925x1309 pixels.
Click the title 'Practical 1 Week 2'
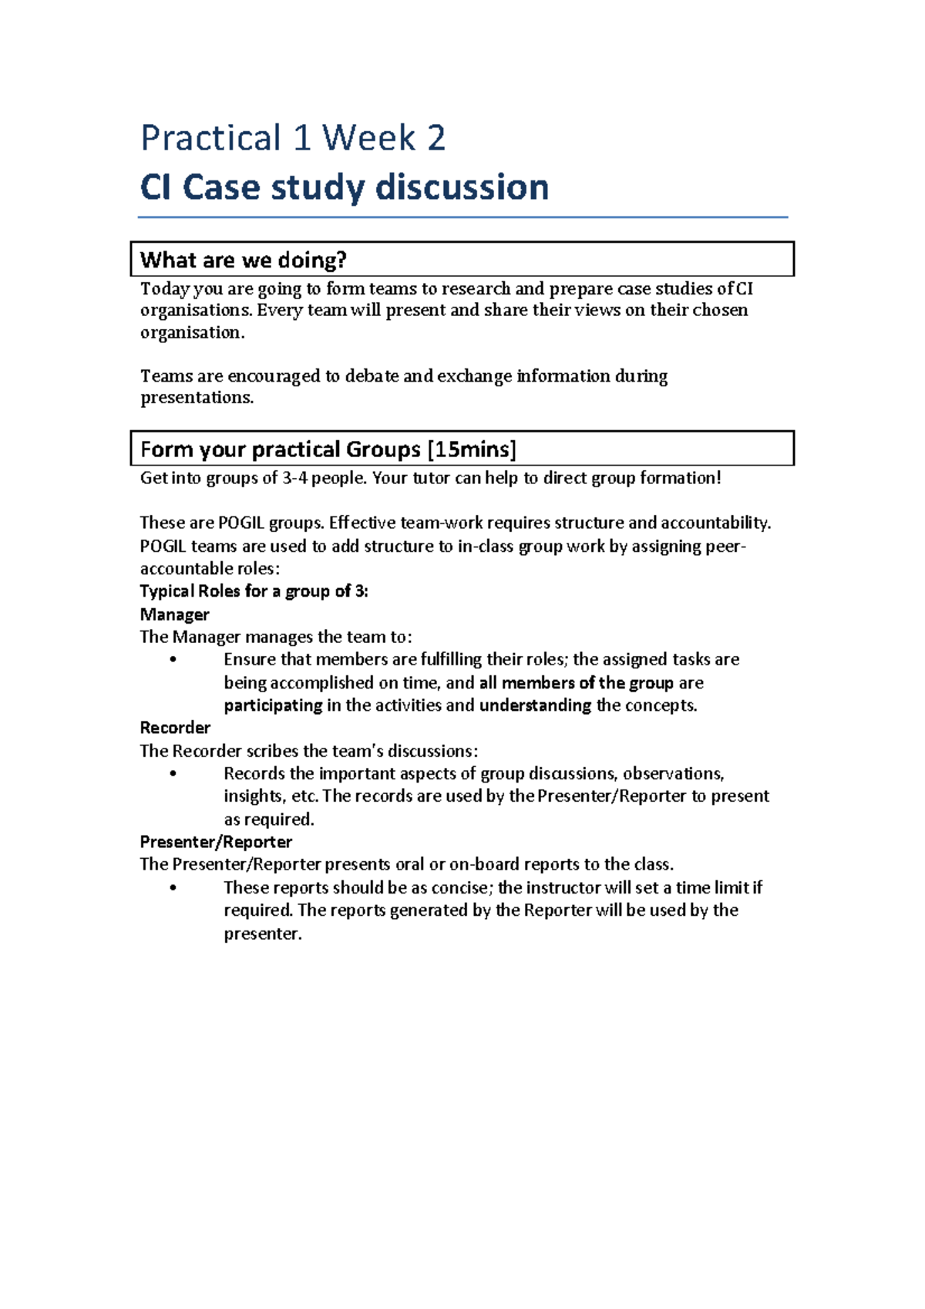pyautogui.click(x=293, y=139)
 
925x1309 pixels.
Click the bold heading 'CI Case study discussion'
pyautogui.click(x=344, y=187)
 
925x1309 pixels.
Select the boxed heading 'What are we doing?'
pyautogui.click(x=244, y=260)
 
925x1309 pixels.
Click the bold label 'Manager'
pyautogui.click(x=174, y=614)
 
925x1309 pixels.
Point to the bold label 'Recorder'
pyautogui.click(x=175, y=728)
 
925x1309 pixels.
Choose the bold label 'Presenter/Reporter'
pyautogui.click(x=216, y=842)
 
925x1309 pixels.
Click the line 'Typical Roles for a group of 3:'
pyautogui.click(x=254, y=591)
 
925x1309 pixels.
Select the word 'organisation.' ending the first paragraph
pyautogui.click(x=192, y=332)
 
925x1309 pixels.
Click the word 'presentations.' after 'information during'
pyautogui.click(x=197, y=398)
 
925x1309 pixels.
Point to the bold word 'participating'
pyautogui.click(x=273, y=705)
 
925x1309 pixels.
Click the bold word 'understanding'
pyautogui.click(x=535, y=705)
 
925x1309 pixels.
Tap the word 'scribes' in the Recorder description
pyautogui.click(x=272, y=751)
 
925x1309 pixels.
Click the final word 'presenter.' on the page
pyautogui.click(x=262, y=934)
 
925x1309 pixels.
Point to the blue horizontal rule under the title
pyautogui.click(x=462, y=217)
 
